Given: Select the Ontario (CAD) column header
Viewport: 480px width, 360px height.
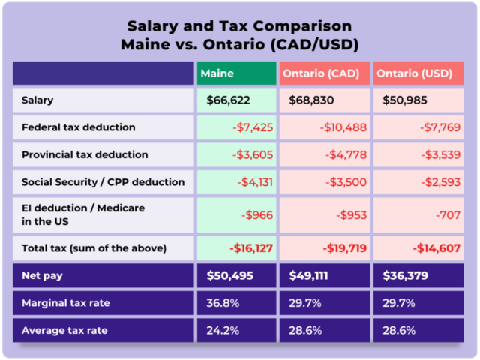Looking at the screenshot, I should [x=321, y=73].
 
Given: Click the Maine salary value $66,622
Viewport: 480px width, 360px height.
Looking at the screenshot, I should [x=229, y=100].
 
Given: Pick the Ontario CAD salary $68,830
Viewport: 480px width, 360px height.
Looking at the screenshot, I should [x=311, y=100].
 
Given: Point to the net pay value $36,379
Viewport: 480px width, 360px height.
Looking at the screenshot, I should [x=405, y=275].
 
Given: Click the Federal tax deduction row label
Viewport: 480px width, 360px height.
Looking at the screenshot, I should [x=79, y=127].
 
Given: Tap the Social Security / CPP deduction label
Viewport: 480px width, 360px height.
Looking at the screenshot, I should [x=103, y=181].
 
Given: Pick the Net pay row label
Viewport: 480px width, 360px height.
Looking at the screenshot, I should [x=42, y=275].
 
